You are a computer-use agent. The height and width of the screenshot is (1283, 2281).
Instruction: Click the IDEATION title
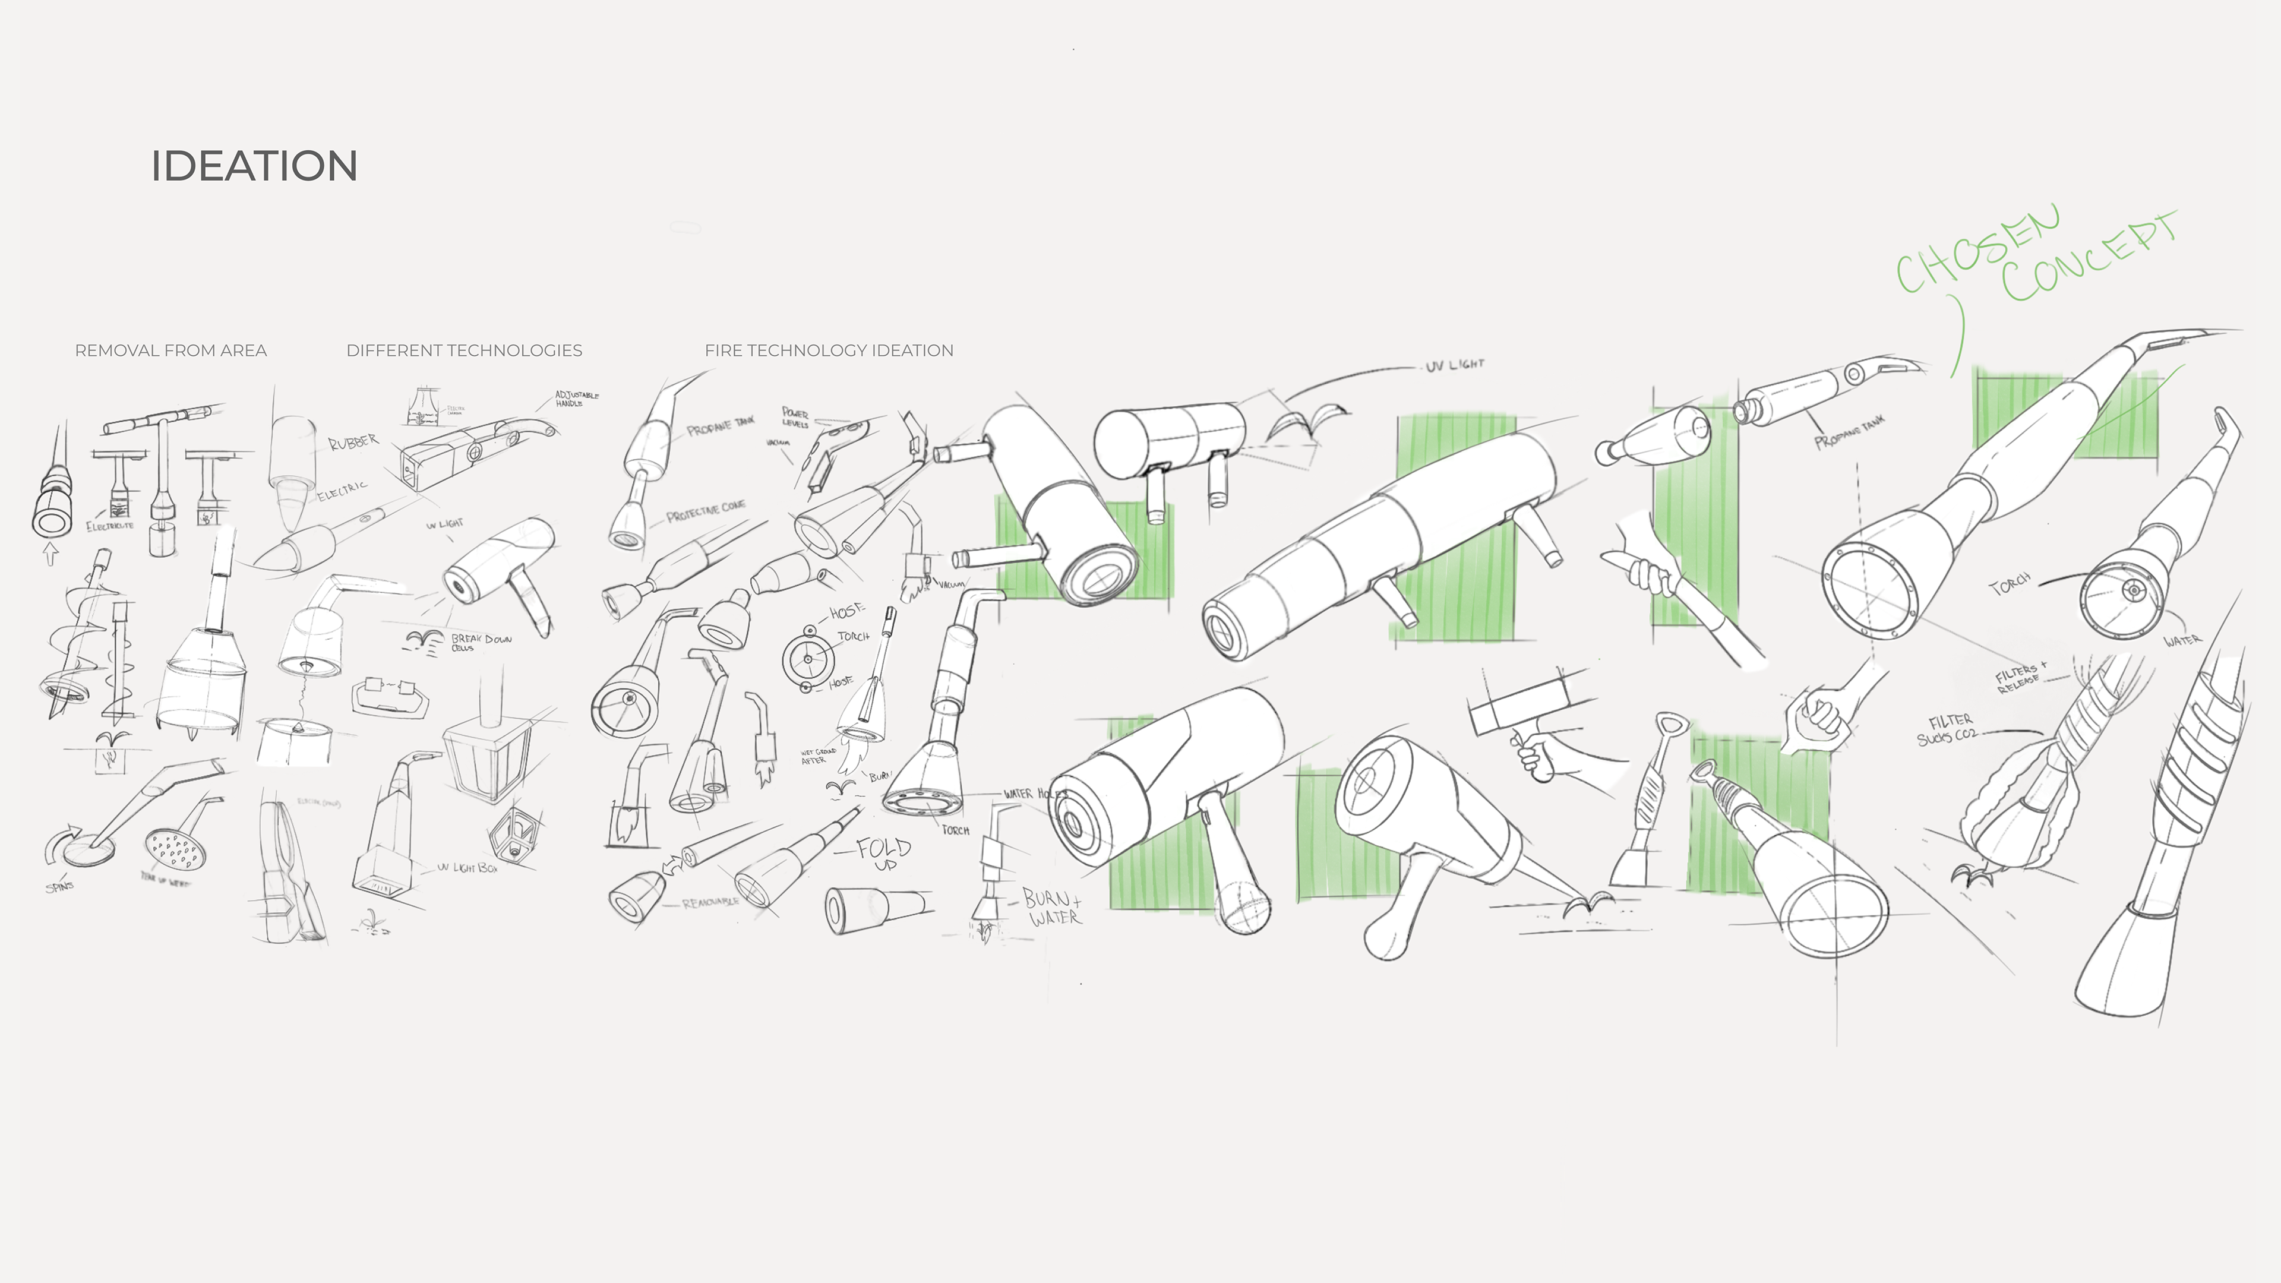[x=254, y=166]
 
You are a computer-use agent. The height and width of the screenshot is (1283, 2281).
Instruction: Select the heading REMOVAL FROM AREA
[x=171, y=350]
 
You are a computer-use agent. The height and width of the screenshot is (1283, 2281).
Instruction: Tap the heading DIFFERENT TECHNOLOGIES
[x=464, y=350]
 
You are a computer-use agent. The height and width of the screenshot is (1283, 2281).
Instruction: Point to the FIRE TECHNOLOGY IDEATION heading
[x=829, y=350]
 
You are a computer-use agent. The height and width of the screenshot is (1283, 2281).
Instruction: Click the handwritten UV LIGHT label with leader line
[x=1455, y=365]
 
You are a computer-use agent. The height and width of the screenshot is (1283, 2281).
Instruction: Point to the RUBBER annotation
[x=353, y=442]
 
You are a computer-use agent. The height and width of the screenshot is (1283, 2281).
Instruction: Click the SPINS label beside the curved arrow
[x=60, y=886]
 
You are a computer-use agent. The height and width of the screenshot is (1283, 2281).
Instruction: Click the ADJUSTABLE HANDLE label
[x=576, y=399]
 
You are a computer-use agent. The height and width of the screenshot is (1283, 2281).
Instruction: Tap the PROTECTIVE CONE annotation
[x=706, y=511]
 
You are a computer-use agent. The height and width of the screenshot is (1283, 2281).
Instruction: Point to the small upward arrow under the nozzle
[x=50, y=554]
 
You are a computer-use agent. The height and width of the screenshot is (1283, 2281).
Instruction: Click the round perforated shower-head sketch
[x=175, y=850]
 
